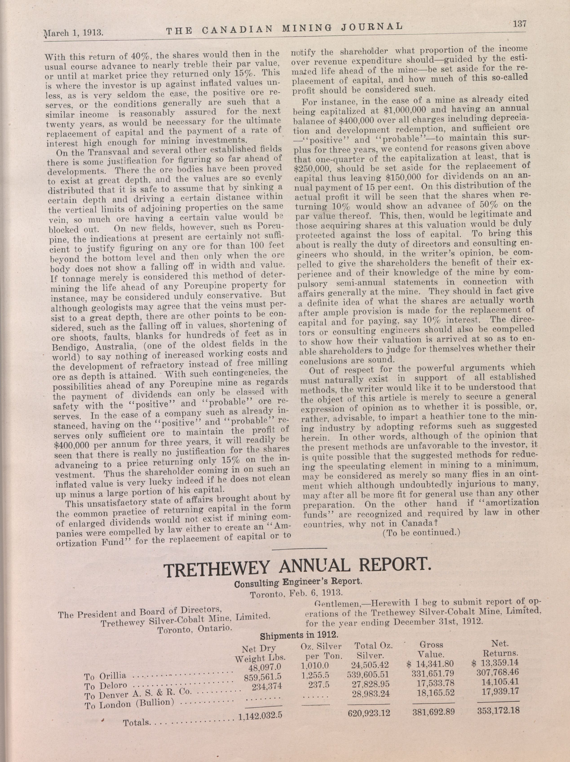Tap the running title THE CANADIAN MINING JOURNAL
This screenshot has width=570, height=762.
284,29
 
